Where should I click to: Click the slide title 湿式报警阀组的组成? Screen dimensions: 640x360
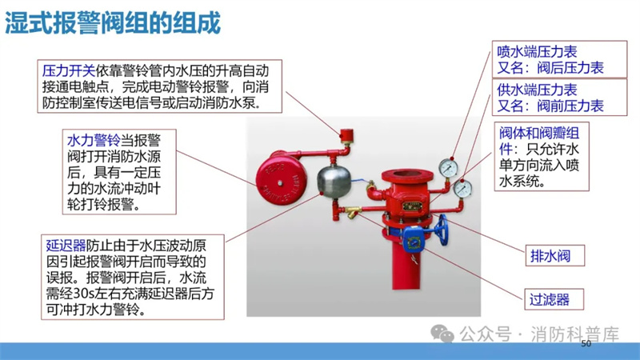pos(113,22)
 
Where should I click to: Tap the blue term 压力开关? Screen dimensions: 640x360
pos(69,71)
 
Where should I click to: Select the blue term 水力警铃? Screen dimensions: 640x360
pos(94,141)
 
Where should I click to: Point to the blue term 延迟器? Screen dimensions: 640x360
pos(66,246)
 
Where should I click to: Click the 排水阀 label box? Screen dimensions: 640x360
pos(554,255)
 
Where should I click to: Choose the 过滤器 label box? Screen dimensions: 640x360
pos(554,299)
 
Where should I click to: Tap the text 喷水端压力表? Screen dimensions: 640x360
pos(537,52)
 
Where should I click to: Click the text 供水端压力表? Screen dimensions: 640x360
pos(537,90)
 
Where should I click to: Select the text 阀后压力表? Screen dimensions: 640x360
pos(570,68)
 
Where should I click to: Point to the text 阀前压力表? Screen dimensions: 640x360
pos(570,106)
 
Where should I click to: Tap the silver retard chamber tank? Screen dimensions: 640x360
pos(334,182)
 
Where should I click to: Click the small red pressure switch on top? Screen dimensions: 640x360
pos(346,135)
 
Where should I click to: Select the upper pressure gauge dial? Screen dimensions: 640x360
pos(449,167)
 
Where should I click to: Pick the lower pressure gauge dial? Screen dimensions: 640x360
pos(463,189)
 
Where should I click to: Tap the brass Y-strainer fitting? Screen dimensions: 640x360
pos(352,211)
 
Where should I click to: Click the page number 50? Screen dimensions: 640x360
pos(586,344)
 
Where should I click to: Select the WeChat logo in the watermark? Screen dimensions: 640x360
pos(442,333)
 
